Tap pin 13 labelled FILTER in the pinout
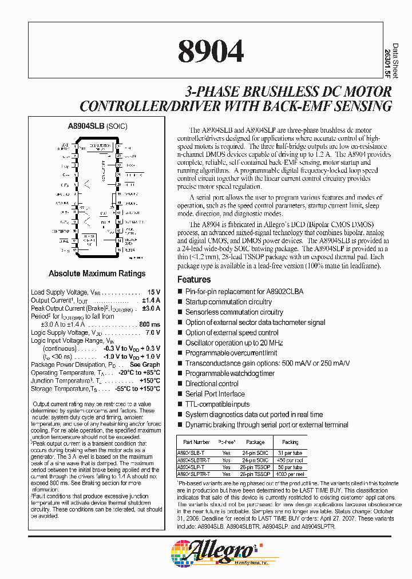pos(118,249)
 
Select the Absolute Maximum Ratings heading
pos(97,273)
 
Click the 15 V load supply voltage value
pos(154,292)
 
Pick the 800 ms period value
pos(150,324)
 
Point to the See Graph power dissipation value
pos(145,364)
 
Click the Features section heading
pos(194,280)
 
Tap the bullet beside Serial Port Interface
pos(180,394)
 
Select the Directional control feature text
pos(212,383)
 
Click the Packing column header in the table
pos(290,442)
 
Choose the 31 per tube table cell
pos(290,453)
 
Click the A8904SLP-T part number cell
pos(194,467)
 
